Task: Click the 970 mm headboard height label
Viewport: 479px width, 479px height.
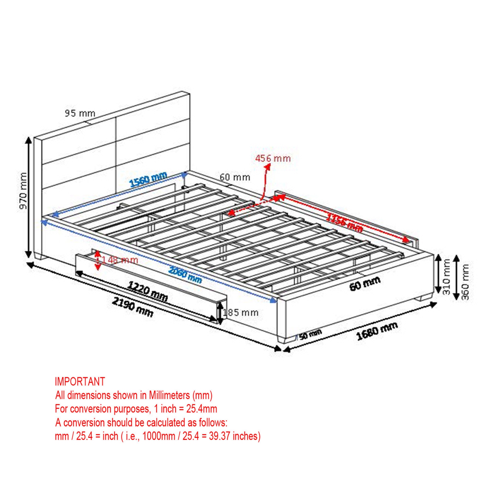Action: point(23,191)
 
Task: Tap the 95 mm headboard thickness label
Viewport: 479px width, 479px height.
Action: point(80,113)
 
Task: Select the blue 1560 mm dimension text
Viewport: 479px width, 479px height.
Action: point(148,179)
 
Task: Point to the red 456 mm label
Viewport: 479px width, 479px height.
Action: point(273,158)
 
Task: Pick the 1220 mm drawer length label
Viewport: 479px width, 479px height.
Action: point(148,291)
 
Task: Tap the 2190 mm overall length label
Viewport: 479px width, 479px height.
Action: point(133,307)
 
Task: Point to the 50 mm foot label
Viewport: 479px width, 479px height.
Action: point(310,335)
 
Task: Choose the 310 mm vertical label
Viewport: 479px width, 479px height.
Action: point(447,277)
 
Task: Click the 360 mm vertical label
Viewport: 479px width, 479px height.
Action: point(465,282)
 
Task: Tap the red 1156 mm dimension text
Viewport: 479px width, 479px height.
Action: point(344,222)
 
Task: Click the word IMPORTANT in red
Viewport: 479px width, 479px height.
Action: point(80,382)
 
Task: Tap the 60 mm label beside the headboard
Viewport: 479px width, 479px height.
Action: point(235,177)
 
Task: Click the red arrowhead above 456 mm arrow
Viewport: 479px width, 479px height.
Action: point(268,166)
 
